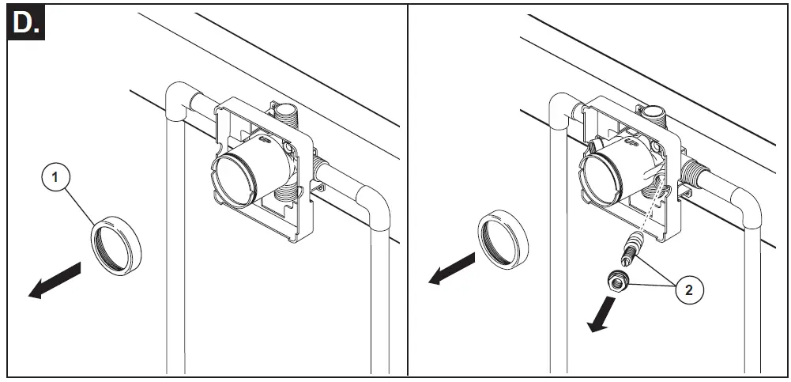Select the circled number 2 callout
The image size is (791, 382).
(x=689, y=290)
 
